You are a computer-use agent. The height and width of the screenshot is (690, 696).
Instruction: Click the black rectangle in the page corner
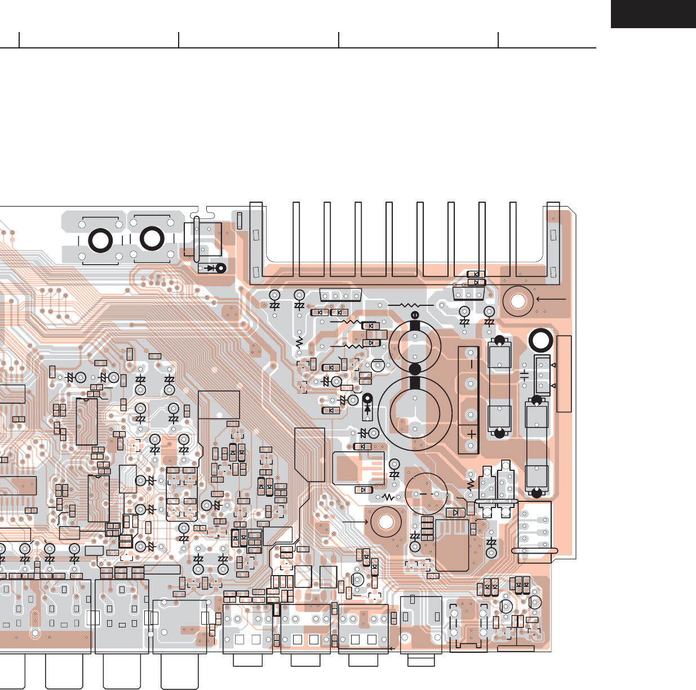(653, 14)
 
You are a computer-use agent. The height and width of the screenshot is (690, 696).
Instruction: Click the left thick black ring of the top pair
(101, 241)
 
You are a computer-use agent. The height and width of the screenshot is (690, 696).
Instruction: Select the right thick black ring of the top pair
(152, 238)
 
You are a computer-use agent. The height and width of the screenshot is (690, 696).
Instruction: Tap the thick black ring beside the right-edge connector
(541, 341)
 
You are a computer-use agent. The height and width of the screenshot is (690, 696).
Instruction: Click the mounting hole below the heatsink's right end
(518, 300)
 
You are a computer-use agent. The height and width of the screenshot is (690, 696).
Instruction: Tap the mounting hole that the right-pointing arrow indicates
(386, 522)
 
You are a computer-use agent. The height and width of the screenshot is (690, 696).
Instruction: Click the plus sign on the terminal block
(471, 434)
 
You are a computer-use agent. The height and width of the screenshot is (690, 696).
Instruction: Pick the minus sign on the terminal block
(471, 361)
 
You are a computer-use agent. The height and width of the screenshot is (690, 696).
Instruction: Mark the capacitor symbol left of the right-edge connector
(524, 375)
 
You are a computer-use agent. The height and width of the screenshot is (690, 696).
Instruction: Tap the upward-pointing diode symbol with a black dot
(368, 405)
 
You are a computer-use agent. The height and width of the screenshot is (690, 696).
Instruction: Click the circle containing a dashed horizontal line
(427, 494)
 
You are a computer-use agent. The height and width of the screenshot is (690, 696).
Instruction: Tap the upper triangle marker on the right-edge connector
(553, 365)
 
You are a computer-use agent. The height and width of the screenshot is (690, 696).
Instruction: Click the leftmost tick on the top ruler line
(19, 40)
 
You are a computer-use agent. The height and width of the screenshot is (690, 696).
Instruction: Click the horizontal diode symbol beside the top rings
(212, 268)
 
